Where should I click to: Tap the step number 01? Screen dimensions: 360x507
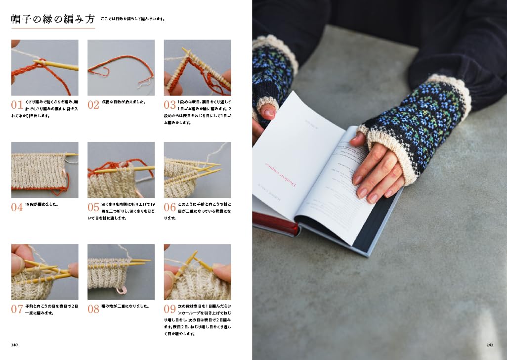point(17,105)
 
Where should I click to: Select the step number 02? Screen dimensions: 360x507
point(93,105)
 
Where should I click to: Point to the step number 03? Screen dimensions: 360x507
point(169,105)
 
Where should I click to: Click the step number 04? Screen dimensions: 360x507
point(17,207)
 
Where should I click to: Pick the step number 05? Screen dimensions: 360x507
point(93,207)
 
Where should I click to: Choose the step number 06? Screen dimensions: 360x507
point(169,207)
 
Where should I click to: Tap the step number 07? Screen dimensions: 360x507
point(17,310)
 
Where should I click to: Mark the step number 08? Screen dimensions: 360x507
point(93,310)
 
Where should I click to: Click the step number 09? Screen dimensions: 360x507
point(169,310)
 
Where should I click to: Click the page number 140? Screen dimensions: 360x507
point(15,345)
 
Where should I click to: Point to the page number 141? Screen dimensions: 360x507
point(490,345)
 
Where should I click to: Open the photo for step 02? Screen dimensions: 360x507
point(121,68)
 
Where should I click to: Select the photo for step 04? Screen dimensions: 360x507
point(44,170)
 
